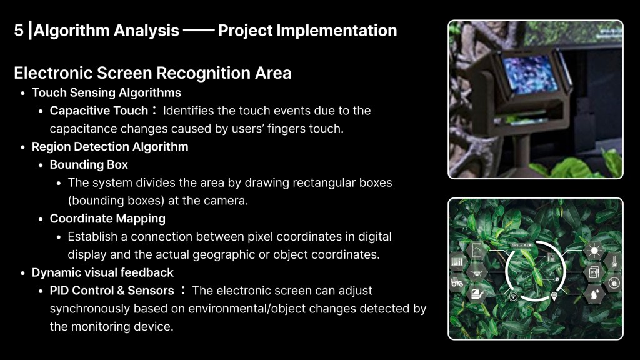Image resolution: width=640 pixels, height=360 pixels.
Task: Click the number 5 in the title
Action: (19, 31)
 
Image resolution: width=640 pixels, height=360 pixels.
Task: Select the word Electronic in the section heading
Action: (53, 73)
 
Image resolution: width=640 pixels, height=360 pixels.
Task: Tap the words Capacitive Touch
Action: (99, 111)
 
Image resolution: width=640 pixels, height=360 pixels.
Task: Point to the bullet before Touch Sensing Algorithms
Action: (23, 94)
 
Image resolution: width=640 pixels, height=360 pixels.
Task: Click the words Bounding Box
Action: (89, 164)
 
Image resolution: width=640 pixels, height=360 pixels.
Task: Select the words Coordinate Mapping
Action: (107, 219)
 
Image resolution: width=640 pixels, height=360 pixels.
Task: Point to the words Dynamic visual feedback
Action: (102, 272)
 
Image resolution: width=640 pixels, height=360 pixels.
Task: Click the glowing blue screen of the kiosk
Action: (530, 74)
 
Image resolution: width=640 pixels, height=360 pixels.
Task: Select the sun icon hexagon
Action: (594, 250)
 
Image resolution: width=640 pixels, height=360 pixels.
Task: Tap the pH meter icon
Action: (594, 272)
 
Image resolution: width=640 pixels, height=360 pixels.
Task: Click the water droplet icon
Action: (594, 294)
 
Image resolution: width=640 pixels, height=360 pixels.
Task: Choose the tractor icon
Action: (457, 282)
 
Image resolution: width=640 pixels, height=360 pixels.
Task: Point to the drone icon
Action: (476, 271)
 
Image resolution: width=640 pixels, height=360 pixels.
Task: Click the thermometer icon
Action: (614, 261)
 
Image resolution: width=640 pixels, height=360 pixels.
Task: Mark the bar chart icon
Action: (457, 262)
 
